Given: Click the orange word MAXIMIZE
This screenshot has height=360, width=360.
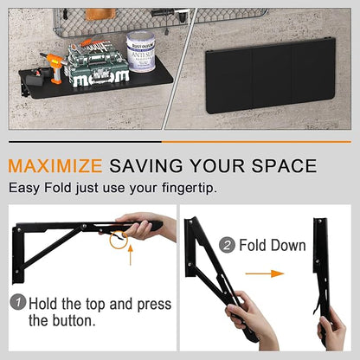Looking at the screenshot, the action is point(55,166).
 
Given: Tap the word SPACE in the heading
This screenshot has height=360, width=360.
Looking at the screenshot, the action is point(284,166).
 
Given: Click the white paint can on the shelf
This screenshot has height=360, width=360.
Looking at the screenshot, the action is point(141,51).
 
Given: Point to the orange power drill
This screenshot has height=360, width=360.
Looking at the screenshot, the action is point(55,67).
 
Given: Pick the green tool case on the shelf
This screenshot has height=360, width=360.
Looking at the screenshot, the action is point(97,64).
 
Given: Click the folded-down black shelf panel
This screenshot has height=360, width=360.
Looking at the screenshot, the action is point(271,75).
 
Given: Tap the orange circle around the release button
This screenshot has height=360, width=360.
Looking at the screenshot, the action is point(119,239).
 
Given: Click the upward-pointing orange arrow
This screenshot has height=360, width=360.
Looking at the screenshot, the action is point(131,254).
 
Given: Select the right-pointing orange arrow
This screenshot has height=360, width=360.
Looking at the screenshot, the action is point(265,273).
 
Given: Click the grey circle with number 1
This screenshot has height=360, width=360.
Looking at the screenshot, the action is point(18,302).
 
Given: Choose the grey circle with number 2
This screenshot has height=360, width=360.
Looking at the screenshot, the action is point(227,245).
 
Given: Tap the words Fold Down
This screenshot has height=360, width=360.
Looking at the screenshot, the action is point(273,245).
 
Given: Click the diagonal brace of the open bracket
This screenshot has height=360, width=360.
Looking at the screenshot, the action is point(50,248).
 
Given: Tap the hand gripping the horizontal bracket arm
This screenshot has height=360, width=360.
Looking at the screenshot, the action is point(141,227).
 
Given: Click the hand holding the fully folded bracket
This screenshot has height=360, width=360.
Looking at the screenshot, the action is point(331,327).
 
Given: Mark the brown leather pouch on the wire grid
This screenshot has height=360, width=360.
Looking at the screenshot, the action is point(100,14).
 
